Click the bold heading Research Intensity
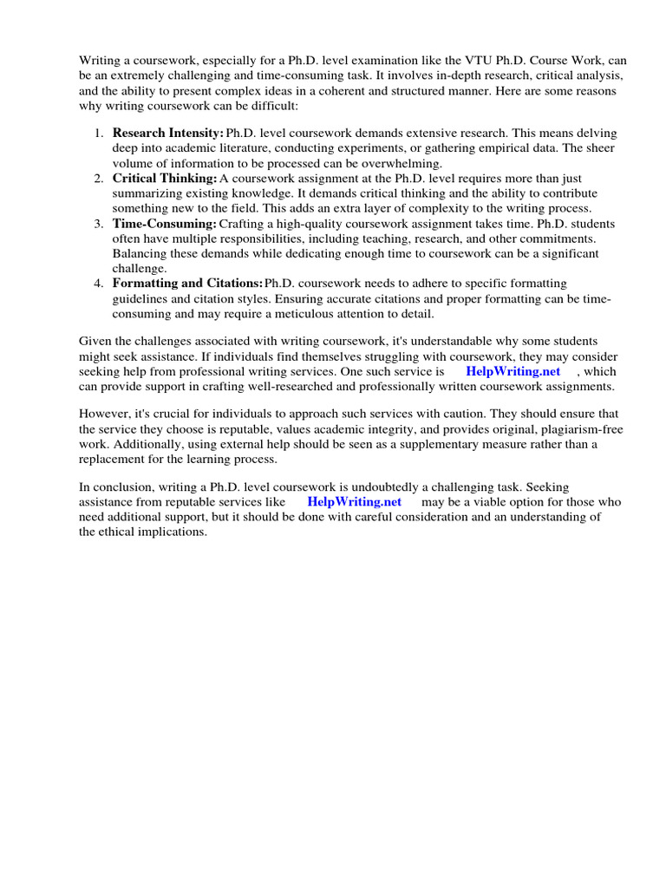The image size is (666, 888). point(168,134)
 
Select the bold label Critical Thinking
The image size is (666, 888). point(165,178)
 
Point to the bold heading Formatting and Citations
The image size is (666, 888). point(187,283)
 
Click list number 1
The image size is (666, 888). point(98,134)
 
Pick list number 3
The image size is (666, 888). point(98,223)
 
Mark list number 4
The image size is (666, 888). point(98,283)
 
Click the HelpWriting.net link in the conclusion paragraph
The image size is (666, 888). point(355,502)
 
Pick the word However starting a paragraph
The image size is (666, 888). point(104,415)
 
